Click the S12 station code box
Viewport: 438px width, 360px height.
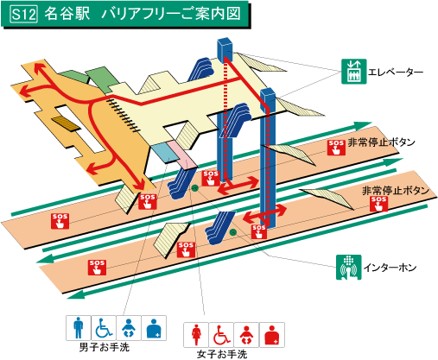24,14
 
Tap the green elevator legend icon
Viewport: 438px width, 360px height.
354,72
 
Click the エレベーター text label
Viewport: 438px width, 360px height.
396,72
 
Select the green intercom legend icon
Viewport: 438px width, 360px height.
349,267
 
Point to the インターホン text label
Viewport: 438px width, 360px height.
390,268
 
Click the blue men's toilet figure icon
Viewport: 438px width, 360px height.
79,328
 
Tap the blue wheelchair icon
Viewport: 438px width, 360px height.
104,328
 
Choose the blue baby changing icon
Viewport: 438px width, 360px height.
129,328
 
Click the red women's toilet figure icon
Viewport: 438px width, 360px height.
196,335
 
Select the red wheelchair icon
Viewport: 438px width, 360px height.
221,335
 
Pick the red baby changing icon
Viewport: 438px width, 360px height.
246,335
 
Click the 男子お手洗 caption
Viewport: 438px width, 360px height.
105,347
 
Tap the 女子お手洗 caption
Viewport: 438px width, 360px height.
222,354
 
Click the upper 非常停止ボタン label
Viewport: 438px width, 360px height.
381,142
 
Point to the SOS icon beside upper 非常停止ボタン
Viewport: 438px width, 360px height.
336,148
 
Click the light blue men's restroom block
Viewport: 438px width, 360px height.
164,152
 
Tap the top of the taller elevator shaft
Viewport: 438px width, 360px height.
225,41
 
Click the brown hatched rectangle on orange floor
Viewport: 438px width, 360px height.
66,123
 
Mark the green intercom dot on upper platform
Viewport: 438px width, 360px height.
195,188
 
